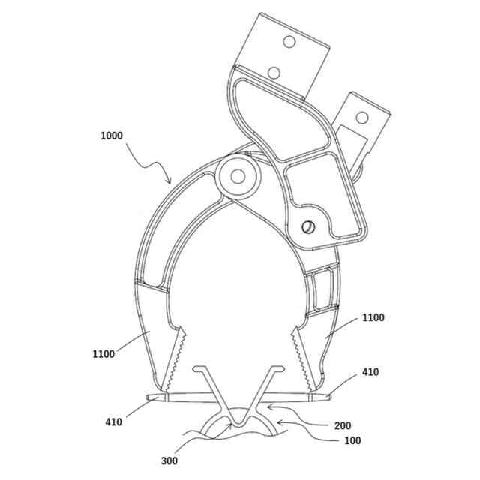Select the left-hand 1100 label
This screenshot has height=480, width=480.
click(x=103, y=353)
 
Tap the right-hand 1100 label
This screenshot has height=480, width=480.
click(x=372, y=318)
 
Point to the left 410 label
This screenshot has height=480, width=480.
click(x=113, y=422)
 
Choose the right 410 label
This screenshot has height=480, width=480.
click(x=370, y=372)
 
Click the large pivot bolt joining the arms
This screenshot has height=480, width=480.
click(x=238, y=177)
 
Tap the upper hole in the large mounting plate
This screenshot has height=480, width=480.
click(x=287, y=42)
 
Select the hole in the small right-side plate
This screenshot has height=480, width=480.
click(x=364, y=118)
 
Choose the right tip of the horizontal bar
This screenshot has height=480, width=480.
click(x=330, y=395)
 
